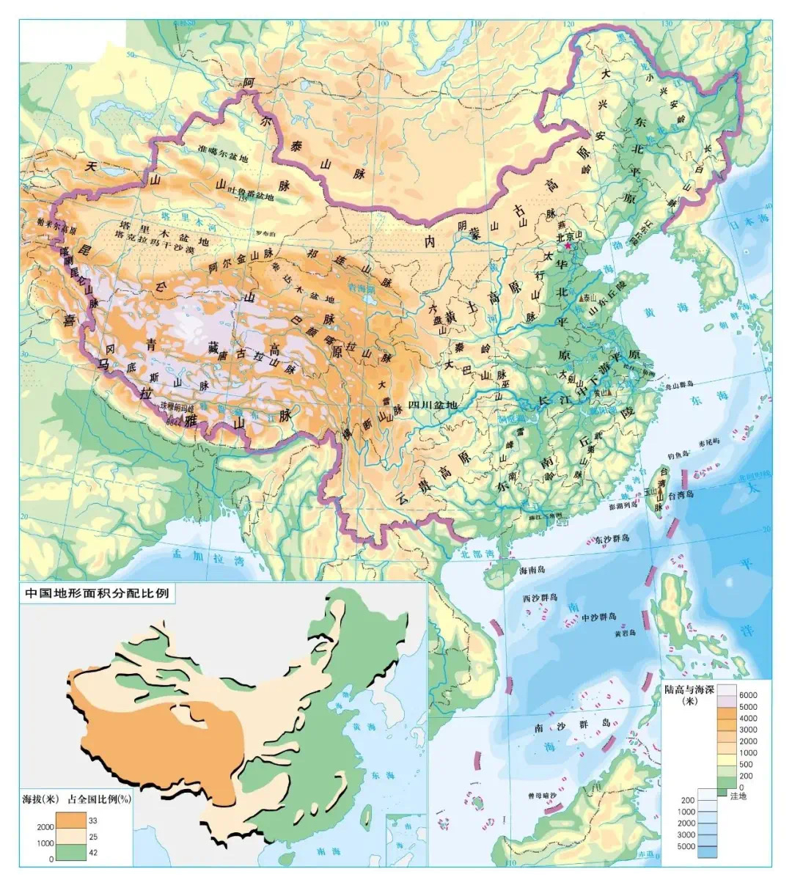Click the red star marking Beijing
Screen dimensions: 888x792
pyautogui.click(x=566, y=246)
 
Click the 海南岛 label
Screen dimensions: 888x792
pyautogui.click(x=533, y=570)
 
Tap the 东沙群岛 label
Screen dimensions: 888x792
pyautogui.click(x=612, y=539)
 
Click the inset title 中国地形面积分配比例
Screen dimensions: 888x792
pyautogui.click(x=97, y=592)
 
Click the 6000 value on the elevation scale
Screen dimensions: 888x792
pyautogui.click(x=748, y=695)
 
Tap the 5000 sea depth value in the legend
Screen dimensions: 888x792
pyautogui.click(x=686, y=847)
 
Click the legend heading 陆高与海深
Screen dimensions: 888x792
pyautogui.click(x=700, y=689)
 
